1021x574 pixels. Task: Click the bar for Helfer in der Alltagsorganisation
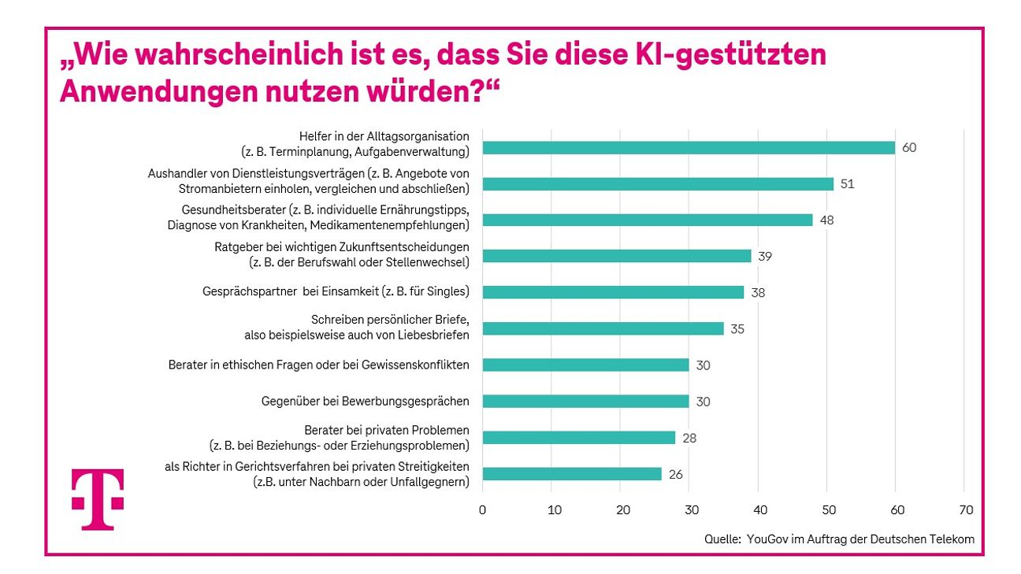pyautogui.click(x=689, y=148)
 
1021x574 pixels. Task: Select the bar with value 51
pyautogui.click(x=658, y=184)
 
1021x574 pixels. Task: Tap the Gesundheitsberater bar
pyautogui.click(x=647, y=220)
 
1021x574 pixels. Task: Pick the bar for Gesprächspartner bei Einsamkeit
pyautogui.click(x=613, y=292)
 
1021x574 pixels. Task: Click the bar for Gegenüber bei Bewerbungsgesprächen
pyautogui.click(x=585, y=402)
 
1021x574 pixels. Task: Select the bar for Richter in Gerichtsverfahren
pyautogui.click(x=572, y=474)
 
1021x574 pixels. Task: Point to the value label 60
pyautogui.click(x=910, y=148)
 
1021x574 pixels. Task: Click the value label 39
pyautogui.click(x=765, y=257)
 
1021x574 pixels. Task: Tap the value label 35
pyautogui.click(x=737, y=329)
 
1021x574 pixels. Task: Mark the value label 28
pyautogui.click(x=689, y=438)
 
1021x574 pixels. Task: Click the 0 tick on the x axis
pyautogui.click(x=482, y=510)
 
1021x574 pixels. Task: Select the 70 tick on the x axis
pyautogui.click(x=966, y=510)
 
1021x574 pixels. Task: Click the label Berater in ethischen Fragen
pyautogui.click(x=318, y=365)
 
